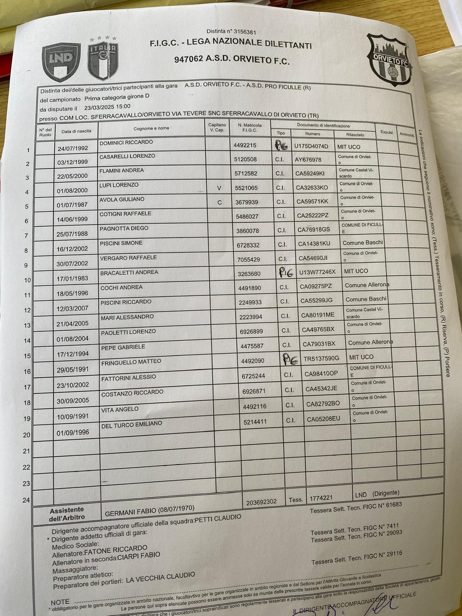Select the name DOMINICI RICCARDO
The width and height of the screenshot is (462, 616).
(x=121, y=142)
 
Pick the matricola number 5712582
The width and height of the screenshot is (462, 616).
(x=246, y=174)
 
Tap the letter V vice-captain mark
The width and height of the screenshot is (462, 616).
(x=219, y=188)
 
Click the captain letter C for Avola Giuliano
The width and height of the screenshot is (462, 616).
(x=219, y=203)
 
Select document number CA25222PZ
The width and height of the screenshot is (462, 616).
(x=313, y=216)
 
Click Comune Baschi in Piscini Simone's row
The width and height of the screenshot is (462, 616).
(x=363, y=243)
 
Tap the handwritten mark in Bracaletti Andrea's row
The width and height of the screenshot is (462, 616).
(x=286, y=273)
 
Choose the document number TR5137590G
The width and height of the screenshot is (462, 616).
(x=321, y=358)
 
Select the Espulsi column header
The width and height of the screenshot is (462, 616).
(x=387, y=132)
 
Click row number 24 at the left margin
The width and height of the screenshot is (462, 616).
(x=26, y=500)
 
